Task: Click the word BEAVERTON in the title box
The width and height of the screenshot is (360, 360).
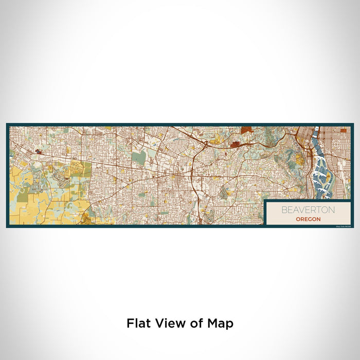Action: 308,210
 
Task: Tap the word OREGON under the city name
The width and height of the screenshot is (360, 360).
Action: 308,219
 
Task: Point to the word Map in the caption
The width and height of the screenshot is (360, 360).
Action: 221,323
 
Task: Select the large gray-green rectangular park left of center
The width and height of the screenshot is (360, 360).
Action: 138,158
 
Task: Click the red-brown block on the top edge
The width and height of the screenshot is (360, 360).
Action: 246,130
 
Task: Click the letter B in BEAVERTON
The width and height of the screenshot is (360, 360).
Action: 283,210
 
